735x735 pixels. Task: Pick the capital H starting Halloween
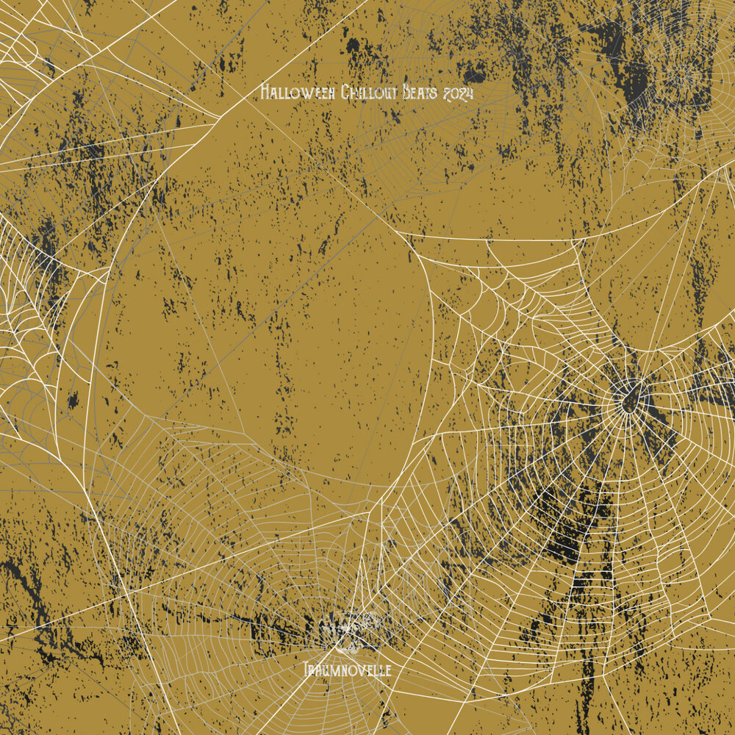tap(265, 93)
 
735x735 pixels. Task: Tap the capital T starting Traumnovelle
tap(306, 670)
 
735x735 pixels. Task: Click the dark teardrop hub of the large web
tap(630, 401)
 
